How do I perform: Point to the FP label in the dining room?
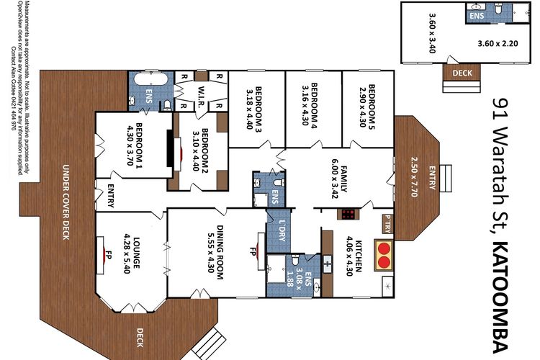[253, 253]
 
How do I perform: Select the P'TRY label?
[387, 224]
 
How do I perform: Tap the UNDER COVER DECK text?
[64, 199]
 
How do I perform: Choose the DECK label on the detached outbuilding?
[457, 73]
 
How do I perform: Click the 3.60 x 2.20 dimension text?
[498, 43]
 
